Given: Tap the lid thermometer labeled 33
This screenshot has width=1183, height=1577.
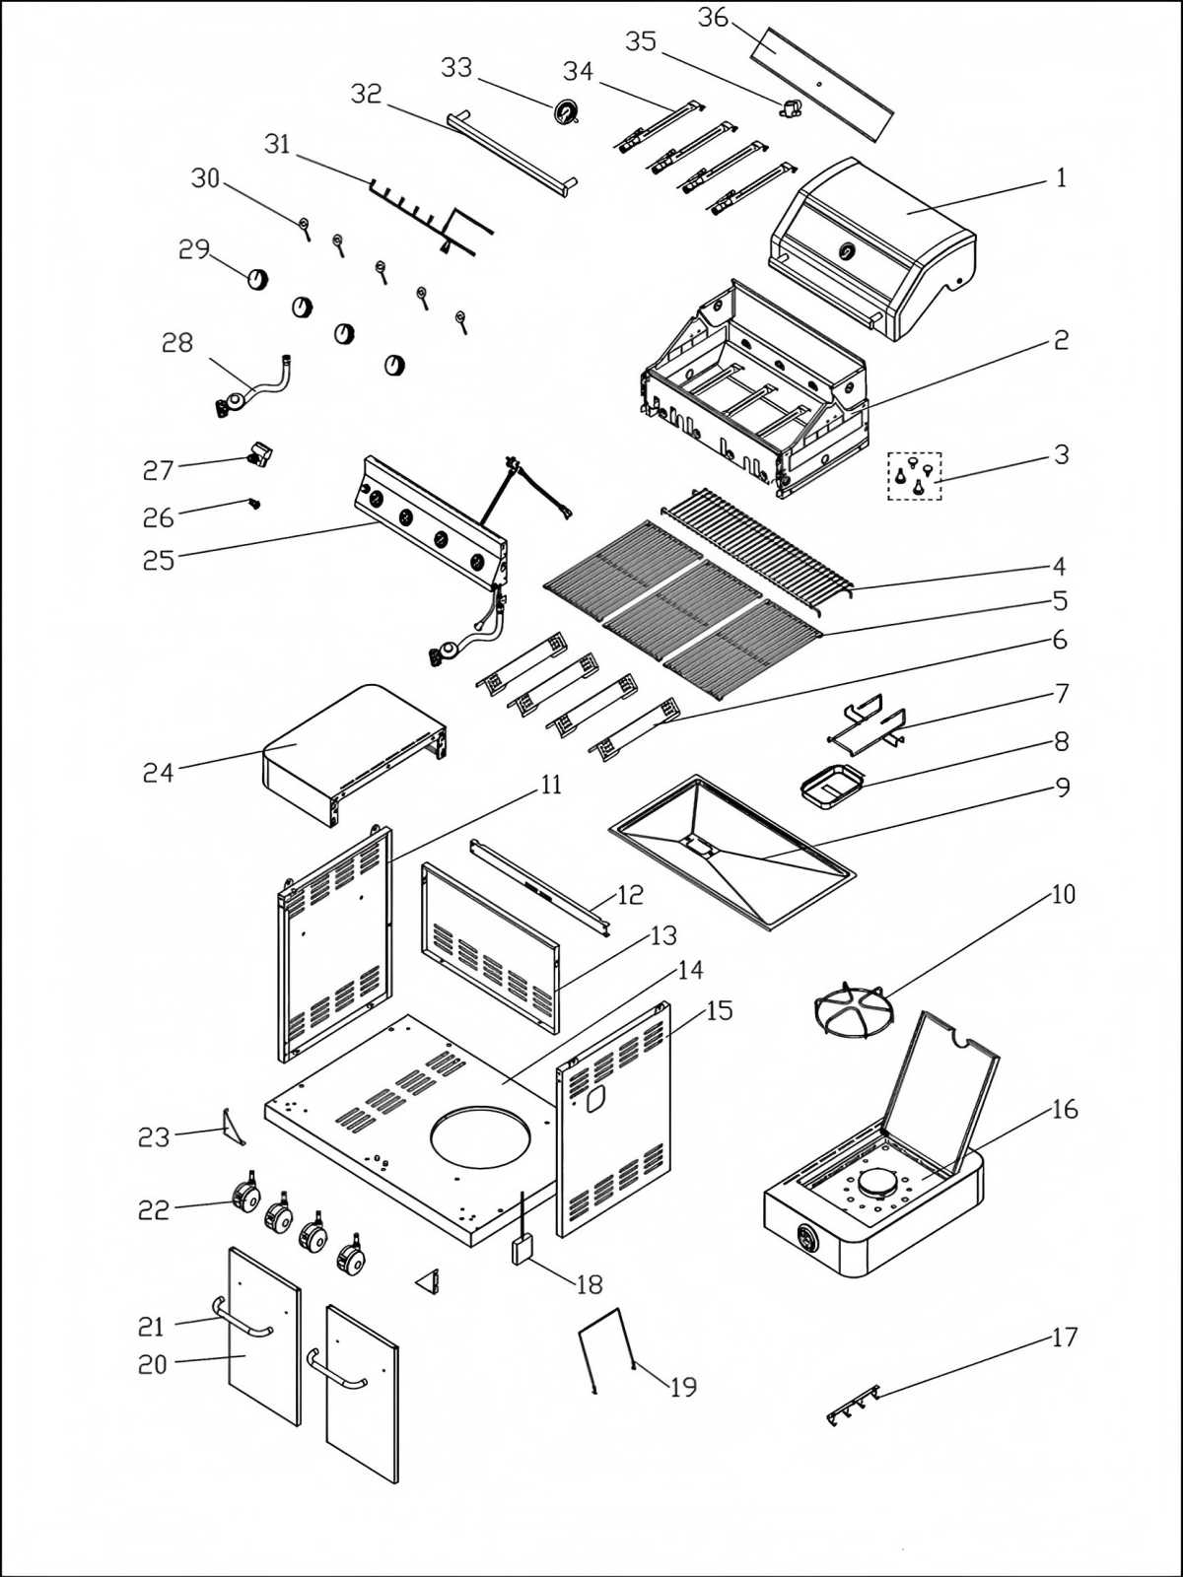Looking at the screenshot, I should [567, 112].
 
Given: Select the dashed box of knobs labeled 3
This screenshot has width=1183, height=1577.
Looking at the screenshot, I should [915, 475].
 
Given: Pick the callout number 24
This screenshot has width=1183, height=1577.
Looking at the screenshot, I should [158, 772].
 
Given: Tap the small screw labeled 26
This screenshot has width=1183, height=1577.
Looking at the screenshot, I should [254, 504].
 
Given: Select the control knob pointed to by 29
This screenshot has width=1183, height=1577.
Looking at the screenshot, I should [257, 278].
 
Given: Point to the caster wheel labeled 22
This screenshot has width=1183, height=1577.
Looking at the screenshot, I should [245, 1198].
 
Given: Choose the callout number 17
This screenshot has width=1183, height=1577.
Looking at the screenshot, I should [1065, 1337].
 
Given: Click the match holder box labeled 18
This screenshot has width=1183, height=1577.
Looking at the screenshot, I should [521, 1250].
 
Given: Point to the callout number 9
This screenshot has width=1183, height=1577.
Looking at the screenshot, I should [1062, 788].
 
